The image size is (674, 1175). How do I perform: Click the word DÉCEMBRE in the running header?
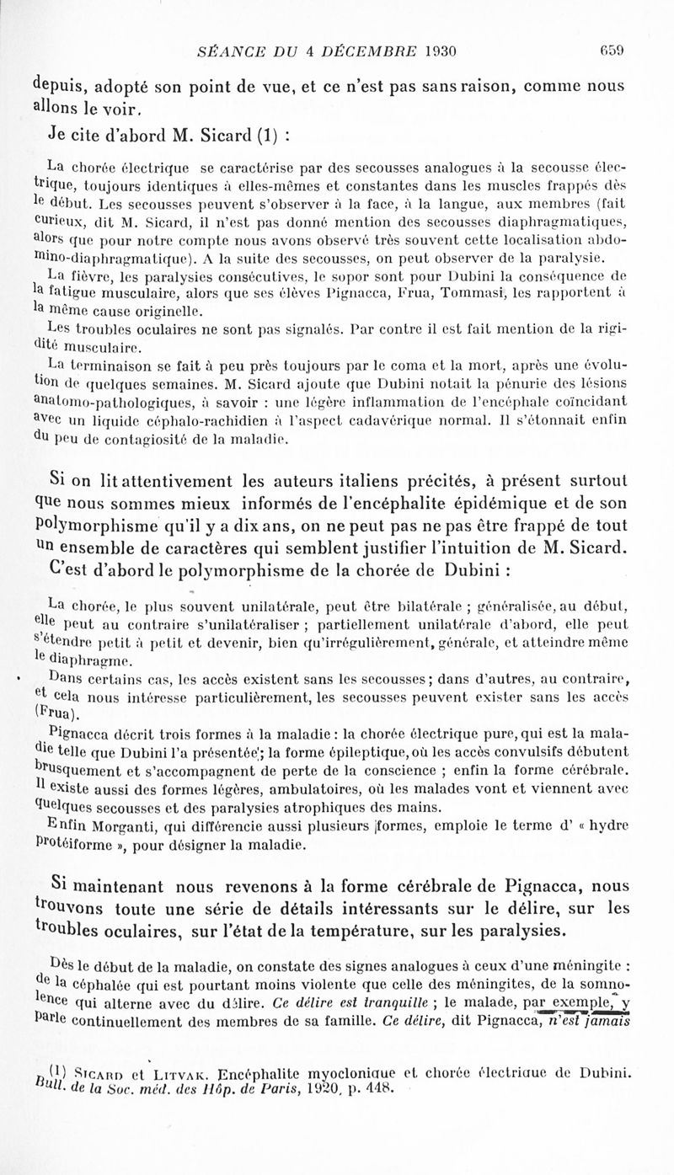click(364, 50)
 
